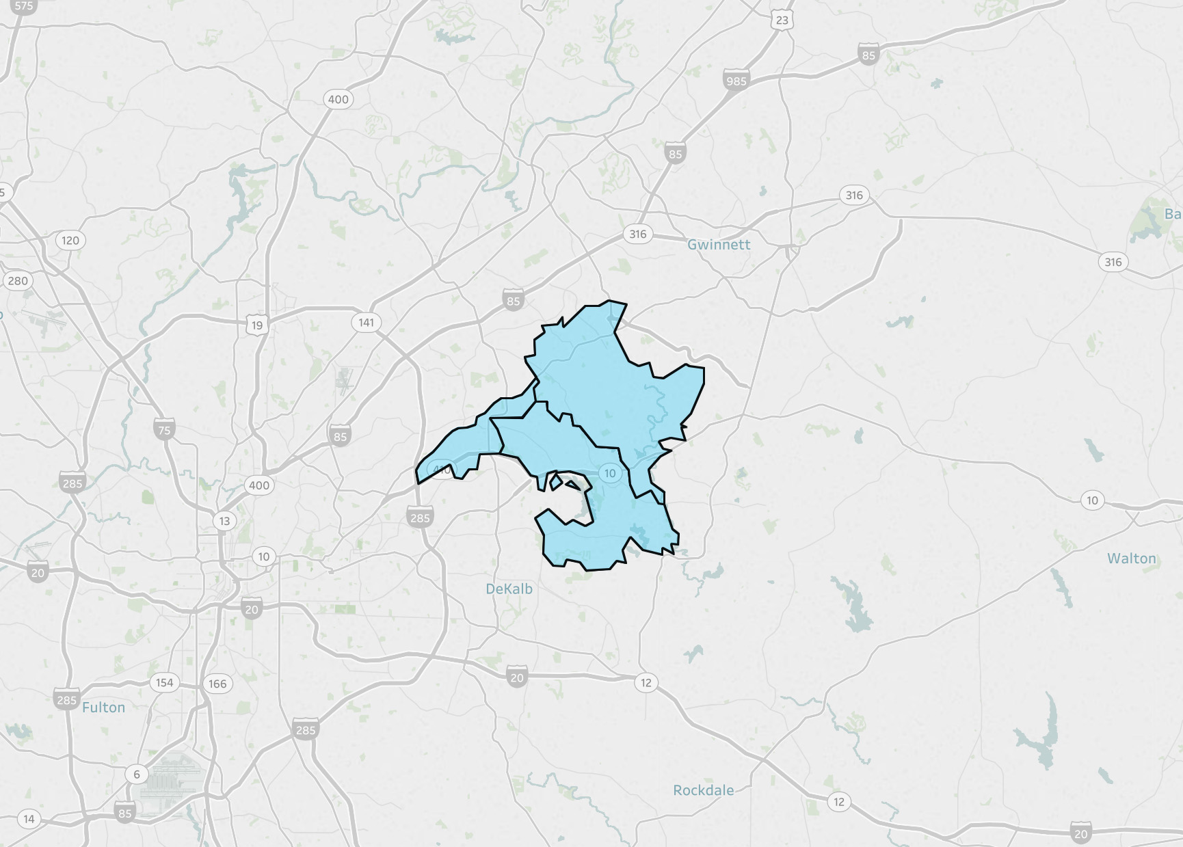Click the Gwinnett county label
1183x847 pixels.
[719, 245]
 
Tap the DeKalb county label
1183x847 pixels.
[509, 589]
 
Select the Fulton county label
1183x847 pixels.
[103, 708]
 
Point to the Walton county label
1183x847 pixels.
[1132, 559]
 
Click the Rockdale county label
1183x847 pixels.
[703, 790]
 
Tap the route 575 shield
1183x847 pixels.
[23, 6]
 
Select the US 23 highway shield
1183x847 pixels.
[782, 21]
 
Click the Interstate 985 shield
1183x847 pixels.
[736, 81]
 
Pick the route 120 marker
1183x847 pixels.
[70, 240]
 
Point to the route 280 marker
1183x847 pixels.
[18, 280]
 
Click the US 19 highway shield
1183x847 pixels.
[257, 325]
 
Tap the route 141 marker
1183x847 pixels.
[367, 322]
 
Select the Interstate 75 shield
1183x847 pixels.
[164, 430]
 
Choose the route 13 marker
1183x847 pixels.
[225, 521]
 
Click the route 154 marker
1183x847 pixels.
[164, 682]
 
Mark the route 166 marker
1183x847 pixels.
[217, 684]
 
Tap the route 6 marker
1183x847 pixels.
[137, 774]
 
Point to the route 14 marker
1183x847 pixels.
[29, 819]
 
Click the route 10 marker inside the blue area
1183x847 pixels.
[610, 473]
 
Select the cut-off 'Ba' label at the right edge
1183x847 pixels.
[1173, 214]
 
